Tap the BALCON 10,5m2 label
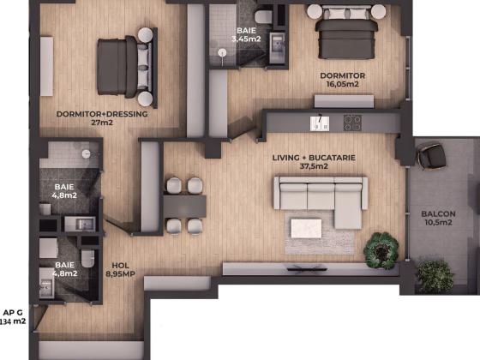point(438,218)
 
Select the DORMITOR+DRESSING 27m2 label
point(102,118)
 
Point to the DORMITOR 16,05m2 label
point(343,80)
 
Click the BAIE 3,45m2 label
point(246,34)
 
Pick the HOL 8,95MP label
point(120,270)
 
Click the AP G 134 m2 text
point(13,317)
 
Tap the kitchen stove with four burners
point(352,123)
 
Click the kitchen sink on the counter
point(320,123)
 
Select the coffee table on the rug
point(306,228)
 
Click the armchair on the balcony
point(431,155)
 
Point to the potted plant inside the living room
point(381,250)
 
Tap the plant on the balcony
point(435,276)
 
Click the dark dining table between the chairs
point(184,207)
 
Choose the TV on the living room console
point(307,268)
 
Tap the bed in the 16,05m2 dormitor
point(346,35)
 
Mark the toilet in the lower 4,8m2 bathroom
point(88,258)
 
